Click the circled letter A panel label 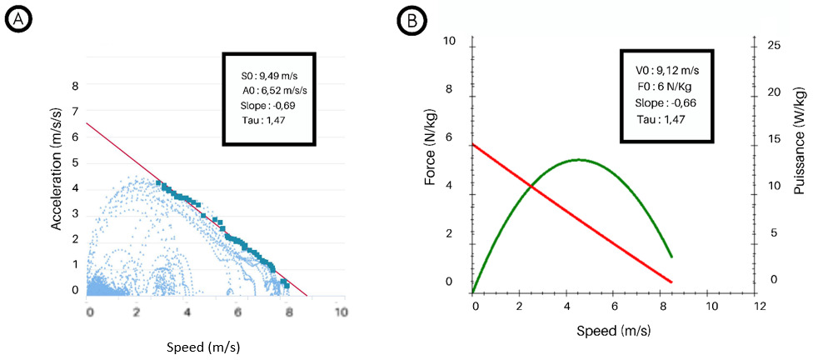click(17, 22)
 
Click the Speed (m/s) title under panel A click(202, 346)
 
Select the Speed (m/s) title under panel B click(613, 329)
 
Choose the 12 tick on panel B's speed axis click(760, 306)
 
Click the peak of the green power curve click(578, 159)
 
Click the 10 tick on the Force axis click(450, 42)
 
